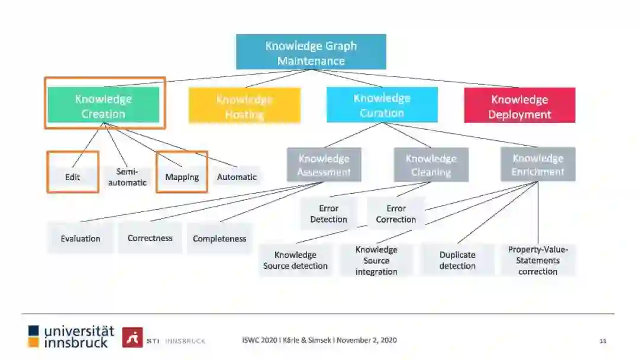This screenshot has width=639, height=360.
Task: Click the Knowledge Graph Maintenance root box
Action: click(311, 52)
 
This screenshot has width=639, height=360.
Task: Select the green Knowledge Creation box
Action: click(104, 106)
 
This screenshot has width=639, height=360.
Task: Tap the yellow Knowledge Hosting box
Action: click(244, 107)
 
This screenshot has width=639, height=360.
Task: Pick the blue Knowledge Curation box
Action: click(382, 105)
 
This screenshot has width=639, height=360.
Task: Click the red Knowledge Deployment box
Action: click(519, 107)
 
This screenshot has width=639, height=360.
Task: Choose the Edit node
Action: click(73, 176)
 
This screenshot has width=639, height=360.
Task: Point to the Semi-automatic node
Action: click(127, 176)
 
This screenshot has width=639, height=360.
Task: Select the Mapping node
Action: click(182, 176)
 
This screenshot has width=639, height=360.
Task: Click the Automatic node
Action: click(237, 176)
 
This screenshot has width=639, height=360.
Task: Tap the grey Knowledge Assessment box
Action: click(324, 165)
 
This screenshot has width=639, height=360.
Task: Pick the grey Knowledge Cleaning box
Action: click(431, 165)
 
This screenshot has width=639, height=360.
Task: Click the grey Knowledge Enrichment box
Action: click(538, 165)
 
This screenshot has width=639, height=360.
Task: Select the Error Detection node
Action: click(328, 214)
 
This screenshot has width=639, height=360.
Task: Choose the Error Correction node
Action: click(396, 214)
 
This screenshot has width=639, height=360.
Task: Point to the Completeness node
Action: click(220, 239)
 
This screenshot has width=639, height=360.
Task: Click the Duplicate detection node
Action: click(457, 261)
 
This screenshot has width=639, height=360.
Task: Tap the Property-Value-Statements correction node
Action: click(538, 261)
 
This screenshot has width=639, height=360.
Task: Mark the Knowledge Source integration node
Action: click(376, 261)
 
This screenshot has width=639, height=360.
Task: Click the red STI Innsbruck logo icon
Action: click(132, 337)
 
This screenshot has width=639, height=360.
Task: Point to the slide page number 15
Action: click(603, 340)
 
